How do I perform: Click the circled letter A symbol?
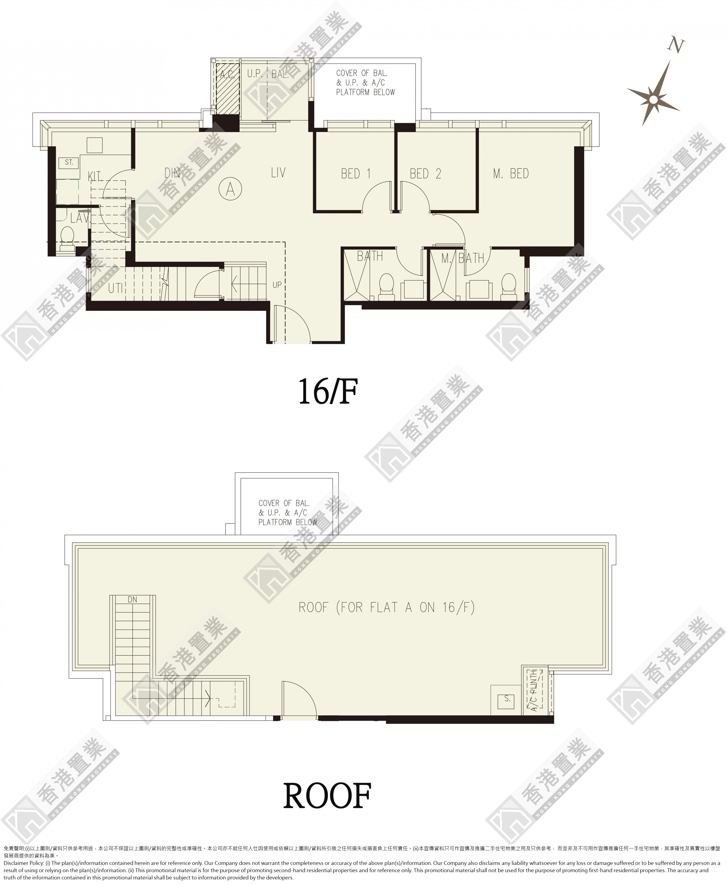230,189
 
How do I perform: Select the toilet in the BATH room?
386,287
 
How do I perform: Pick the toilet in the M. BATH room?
509,287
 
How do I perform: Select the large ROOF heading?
327,796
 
